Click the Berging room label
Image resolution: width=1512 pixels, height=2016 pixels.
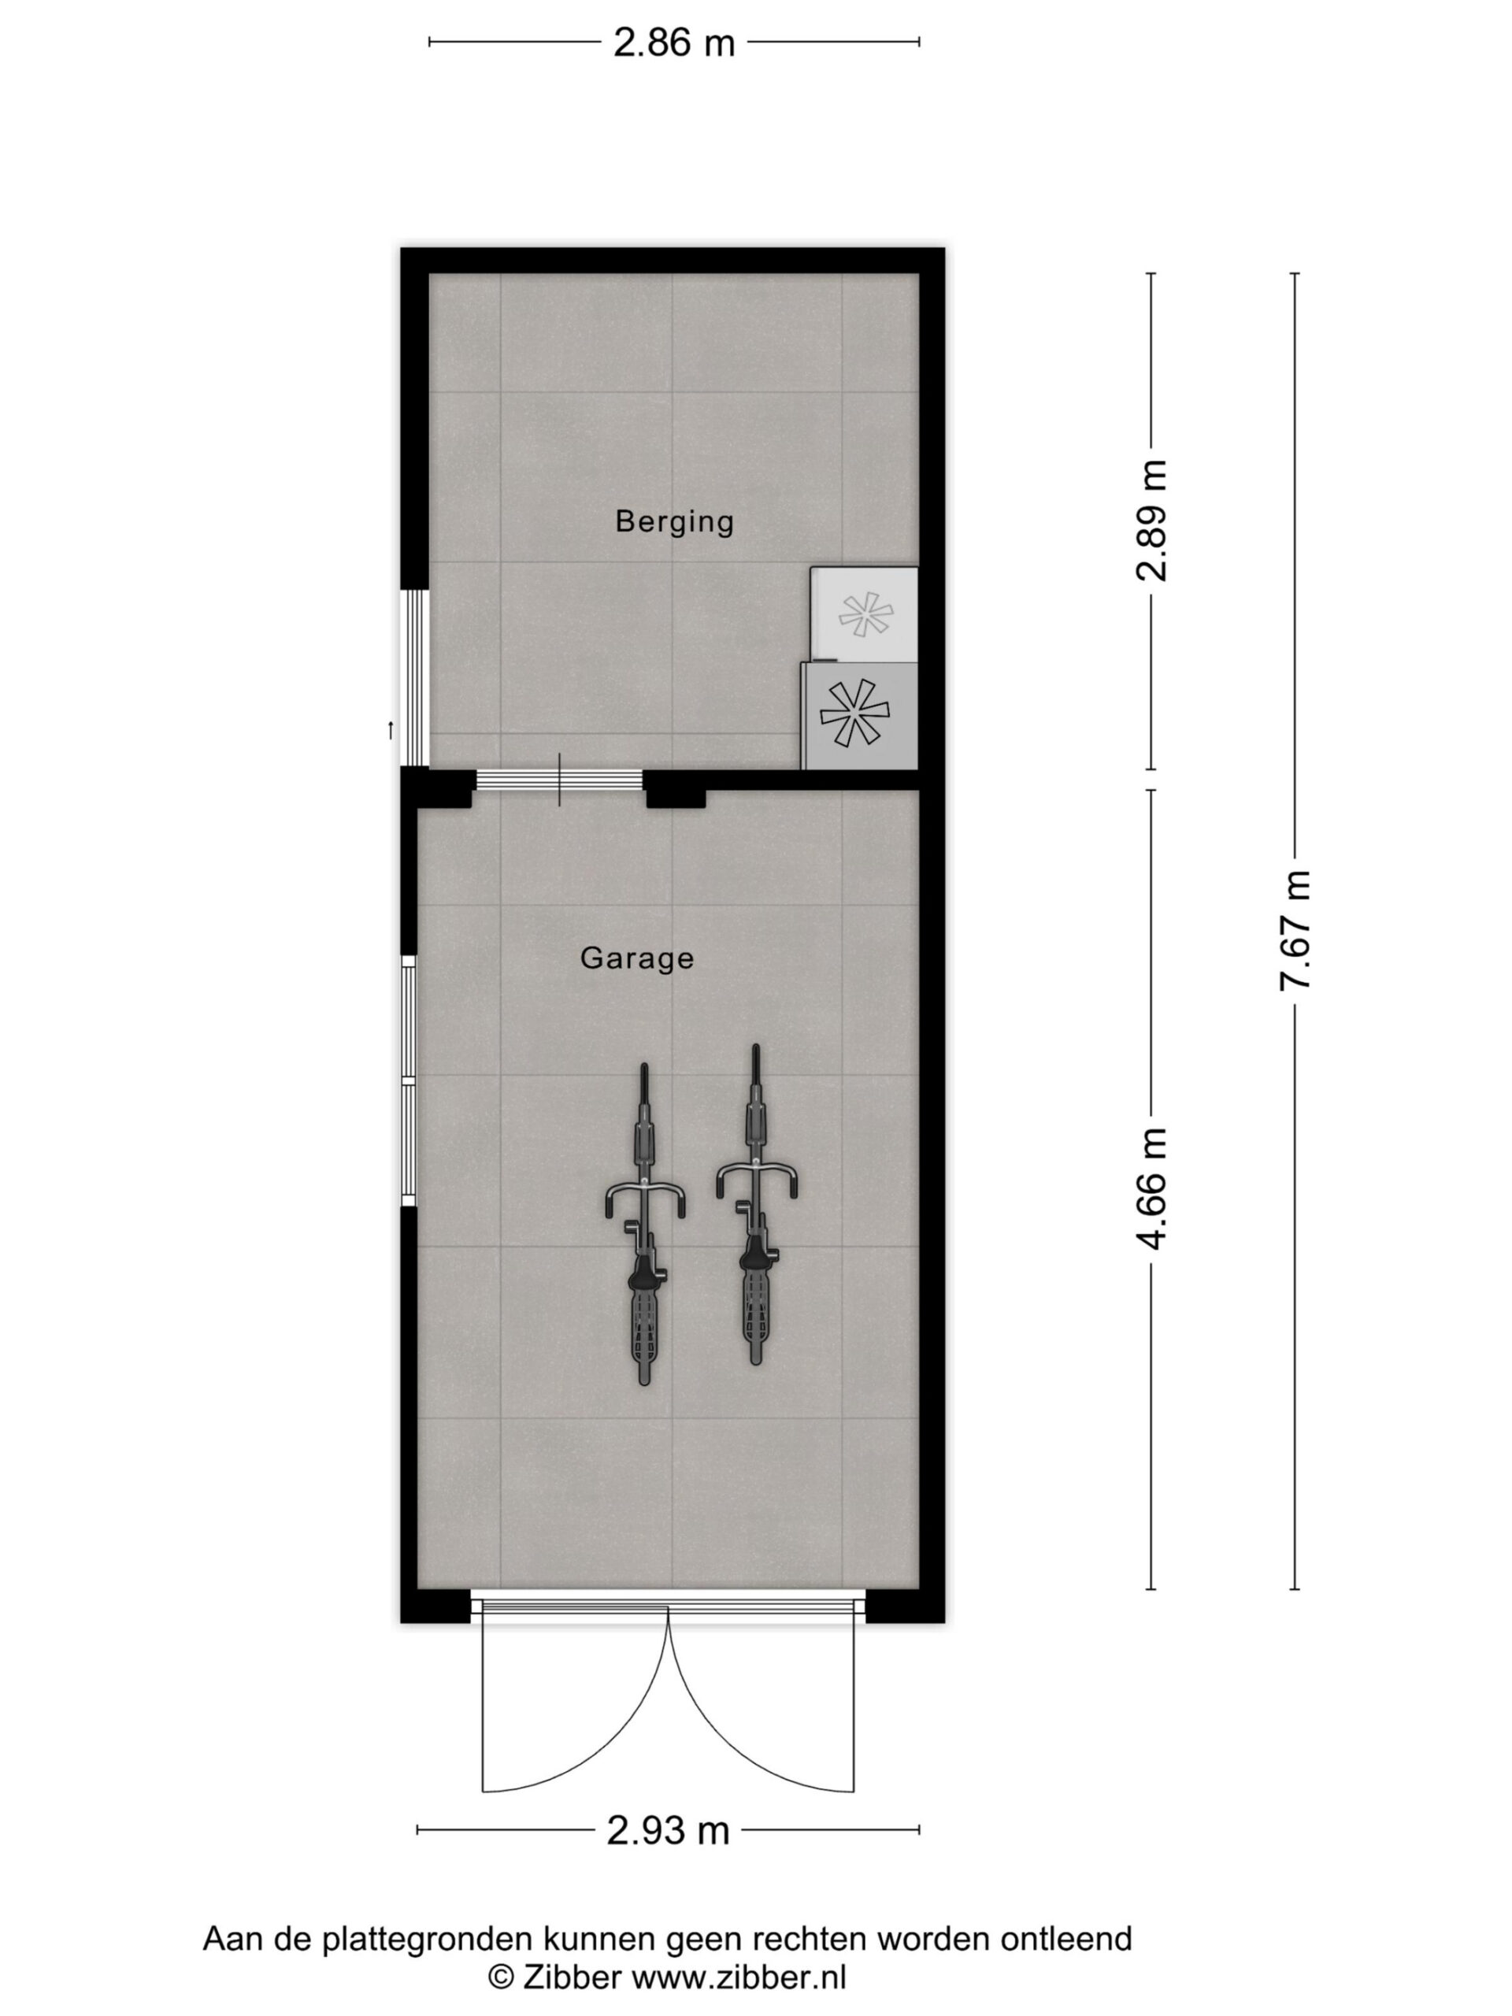pos(673,521)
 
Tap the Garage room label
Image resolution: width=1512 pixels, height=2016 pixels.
pos(637,958)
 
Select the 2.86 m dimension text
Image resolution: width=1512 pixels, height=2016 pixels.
pos(673,43)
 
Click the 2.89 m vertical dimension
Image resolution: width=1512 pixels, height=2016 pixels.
pos(1151,521)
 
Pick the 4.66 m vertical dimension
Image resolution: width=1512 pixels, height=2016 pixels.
pos(1151,1188)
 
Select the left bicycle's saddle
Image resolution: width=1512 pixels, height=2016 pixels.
pos(644,1271)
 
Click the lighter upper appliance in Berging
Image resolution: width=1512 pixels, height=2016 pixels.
pos(863,614)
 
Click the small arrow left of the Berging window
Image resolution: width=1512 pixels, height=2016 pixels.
pos(390,730)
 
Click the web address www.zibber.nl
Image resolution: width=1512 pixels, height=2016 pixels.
pos(739,1977)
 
